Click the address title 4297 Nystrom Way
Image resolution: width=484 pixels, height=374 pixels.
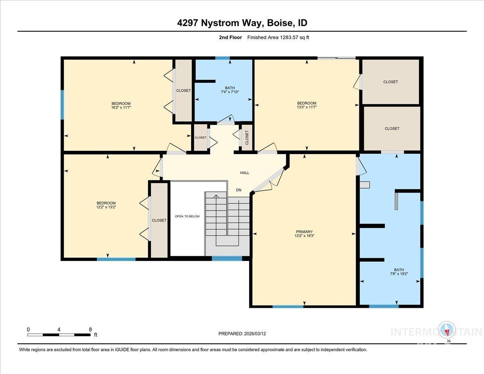pos(242,23)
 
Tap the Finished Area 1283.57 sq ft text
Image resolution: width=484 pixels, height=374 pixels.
pos(278,38)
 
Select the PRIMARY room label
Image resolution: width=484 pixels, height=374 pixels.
pos(304,232)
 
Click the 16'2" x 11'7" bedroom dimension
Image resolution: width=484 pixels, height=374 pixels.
pos(121,108)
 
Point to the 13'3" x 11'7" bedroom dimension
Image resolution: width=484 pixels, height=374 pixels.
pos(307,107)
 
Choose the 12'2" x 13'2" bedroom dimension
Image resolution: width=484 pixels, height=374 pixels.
pos(106,207)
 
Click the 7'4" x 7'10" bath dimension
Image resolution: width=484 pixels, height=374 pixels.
pos(230,92)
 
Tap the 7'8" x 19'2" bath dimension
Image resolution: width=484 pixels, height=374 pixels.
pos(399,274)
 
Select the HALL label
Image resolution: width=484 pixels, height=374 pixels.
pos(244,173)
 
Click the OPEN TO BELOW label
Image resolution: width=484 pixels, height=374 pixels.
pos(187,216)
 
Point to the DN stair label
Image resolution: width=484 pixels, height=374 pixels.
pos(238,190)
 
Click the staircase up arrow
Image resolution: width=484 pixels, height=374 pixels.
pos(216,196)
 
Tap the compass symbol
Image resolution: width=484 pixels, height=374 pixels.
pos(447,330)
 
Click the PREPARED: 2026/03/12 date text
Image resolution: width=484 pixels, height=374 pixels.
pos(242,334)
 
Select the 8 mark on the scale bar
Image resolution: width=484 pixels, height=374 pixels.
pos(90,329)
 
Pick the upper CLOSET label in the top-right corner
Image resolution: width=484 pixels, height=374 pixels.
pos(390,82)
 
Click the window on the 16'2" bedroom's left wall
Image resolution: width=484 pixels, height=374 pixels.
pos(62,104)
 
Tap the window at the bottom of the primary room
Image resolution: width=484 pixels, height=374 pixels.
pos(288,307)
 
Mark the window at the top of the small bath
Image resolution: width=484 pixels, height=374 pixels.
pos(222,58)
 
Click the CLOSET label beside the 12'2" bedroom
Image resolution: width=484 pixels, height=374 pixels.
pos(159,220)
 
